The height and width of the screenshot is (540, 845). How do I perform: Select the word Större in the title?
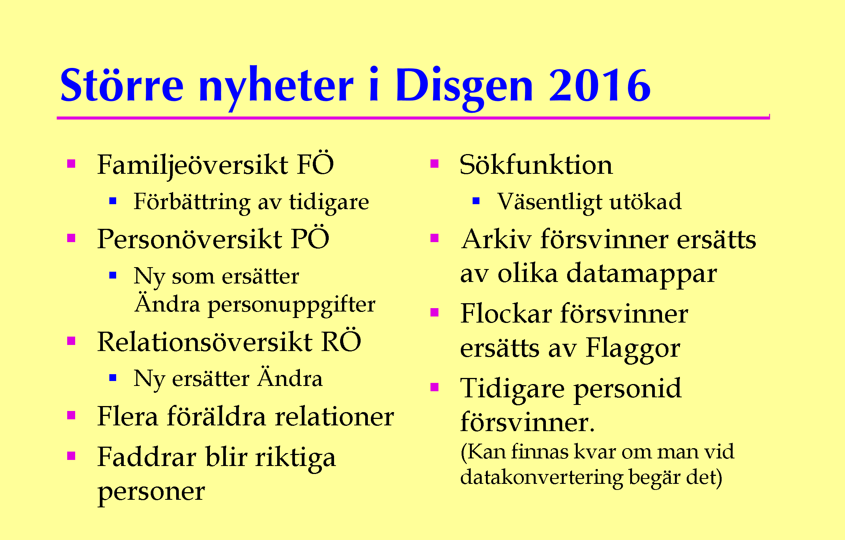pyautogui.click(x=122, y=84)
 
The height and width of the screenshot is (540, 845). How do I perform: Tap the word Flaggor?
pyautogui.click(x=633, y=349)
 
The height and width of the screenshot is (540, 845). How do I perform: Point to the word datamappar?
pyautogui.click(x=642, y=274)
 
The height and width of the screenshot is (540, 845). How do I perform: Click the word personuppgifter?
pyautogui.click(x=292, y=305)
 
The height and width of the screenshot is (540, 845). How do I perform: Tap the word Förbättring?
pyautogui.click(x=192, y=203)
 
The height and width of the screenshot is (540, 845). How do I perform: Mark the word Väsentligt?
pyautogui.click(x=550, y=203)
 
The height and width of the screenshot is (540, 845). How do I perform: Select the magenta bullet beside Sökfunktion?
pyautogui.click(x=435, y=164)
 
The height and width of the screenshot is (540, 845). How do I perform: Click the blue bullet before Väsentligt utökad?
pyautogui.click(x=476, y=201)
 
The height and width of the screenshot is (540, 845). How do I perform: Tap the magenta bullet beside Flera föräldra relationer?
pyautogui.click(x=71, y=415)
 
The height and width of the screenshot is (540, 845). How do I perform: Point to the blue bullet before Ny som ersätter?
pyautogui.click(x=113, y=275)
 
